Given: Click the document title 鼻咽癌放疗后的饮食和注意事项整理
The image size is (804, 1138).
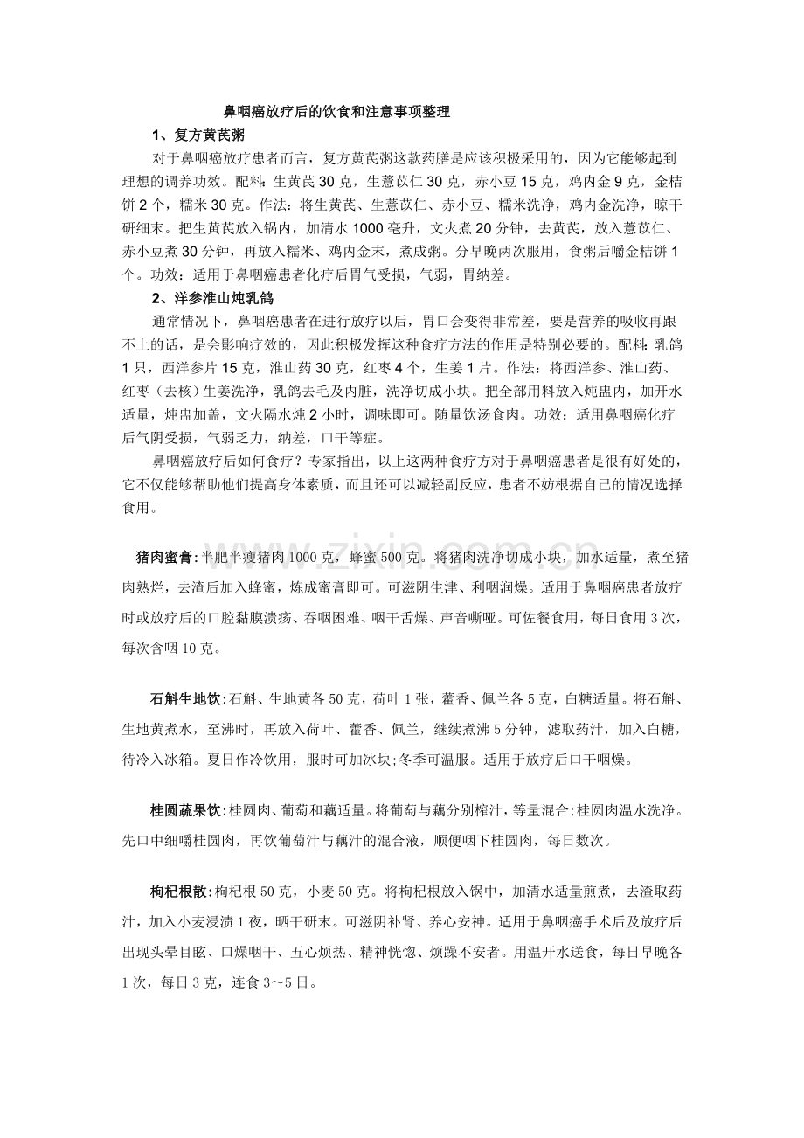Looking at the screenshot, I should pyautogui.click(x=336, y=112).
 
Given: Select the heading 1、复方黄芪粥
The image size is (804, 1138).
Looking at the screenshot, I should pyautogui.click(x=198, y=135).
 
